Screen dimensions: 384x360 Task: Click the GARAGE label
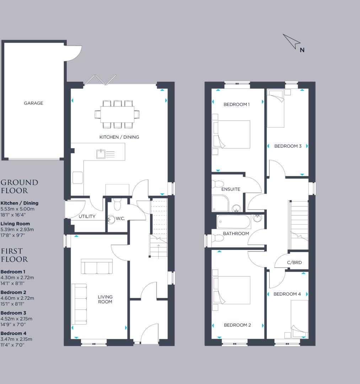(33, 103)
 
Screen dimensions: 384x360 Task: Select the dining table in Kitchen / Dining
(117, 114)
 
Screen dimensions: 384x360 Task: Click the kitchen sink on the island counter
(101, 154)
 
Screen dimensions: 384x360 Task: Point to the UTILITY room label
(87, 217)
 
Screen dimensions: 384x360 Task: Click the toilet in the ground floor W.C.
(117, 205)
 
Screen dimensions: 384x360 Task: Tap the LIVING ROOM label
(105, 299)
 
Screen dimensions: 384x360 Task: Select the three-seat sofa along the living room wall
(79, 304)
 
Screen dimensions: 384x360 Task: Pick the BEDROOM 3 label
(288, 146)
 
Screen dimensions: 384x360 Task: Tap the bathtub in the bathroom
(234, 222)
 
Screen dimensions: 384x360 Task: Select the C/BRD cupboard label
(294, 263)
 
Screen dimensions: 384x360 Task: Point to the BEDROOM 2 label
(237, 325)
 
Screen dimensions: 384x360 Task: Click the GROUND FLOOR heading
(19, 186)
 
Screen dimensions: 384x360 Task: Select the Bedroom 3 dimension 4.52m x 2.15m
(16, 319)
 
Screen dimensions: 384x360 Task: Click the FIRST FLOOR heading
(14, 255)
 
